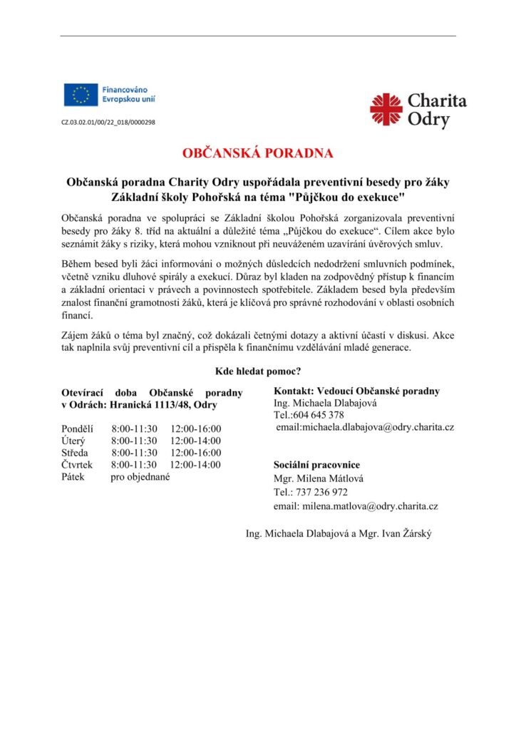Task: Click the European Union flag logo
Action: coord(81,95)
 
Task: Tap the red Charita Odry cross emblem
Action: coord(386,110)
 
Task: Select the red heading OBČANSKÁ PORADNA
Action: coord(257,153)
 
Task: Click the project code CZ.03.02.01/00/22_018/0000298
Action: coord(108,123)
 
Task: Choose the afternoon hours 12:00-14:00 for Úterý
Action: coord(196,441)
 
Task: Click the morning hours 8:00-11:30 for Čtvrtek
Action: coord(134,465)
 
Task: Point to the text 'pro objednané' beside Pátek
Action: coord(140,477)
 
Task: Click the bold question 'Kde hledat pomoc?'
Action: coord(257,371)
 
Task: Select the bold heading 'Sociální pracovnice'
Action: coord(317,465)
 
